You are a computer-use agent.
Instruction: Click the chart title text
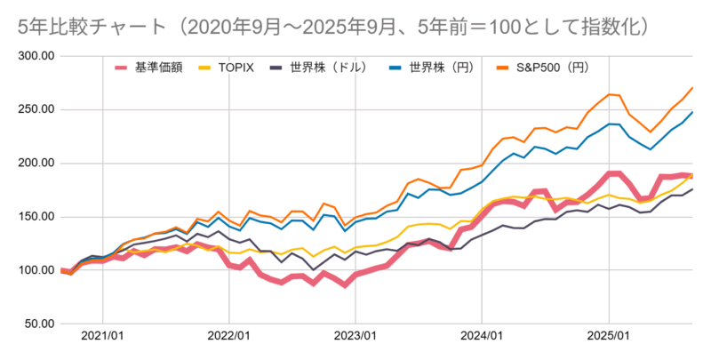point(334,28)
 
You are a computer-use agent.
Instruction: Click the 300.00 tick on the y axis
point(36,56)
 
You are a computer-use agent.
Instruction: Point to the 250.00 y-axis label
point(36,109)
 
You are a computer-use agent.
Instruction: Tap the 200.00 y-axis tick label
point(36,164)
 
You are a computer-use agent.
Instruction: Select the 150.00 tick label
point(36,217)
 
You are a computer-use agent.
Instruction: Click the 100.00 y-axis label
point(36,270)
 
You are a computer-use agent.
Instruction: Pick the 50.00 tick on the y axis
point(39,324)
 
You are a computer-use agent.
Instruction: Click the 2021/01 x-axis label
point(102,336)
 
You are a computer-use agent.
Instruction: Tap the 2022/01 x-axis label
point(229,336)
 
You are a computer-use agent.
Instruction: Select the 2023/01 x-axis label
point(355,336)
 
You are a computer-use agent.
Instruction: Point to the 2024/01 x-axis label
point(482,336)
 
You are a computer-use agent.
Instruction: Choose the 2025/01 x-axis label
point(609,336)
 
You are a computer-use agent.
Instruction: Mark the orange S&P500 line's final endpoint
point(692,87)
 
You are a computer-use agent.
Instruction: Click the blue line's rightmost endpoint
point(692,112)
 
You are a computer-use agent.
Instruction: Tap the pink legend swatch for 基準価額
point(121,68)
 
